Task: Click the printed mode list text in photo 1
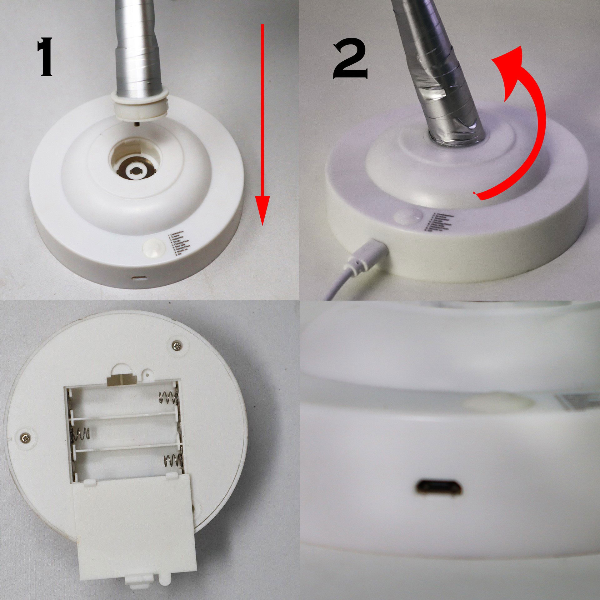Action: [180, 243]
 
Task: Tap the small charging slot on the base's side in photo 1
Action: [140, 277]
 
